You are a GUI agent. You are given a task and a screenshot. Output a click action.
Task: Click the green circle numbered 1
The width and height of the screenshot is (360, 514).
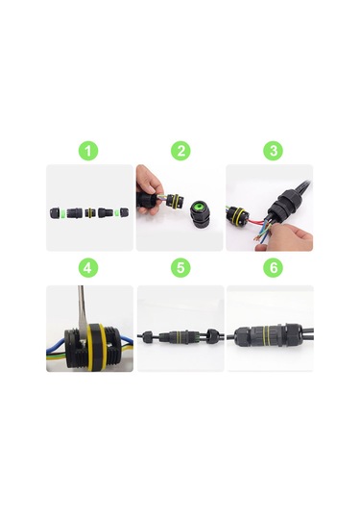tap(88, 151)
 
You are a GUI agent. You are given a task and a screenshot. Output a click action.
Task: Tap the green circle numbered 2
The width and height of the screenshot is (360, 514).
tap(180, 151)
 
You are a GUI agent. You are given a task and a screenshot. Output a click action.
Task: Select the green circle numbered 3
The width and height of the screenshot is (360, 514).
tap(274, 151)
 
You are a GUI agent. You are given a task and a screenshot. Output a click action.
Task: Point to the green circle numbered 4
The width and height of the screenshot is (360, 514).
tap(87, 268)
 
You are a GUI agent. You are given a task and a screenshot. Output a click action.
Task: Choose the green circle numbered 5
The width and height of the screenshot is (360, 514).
tap(180, 268)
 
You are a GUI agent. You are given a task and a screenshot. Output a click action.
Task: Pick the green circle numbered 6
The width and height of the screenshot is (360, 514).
tap(274, 268)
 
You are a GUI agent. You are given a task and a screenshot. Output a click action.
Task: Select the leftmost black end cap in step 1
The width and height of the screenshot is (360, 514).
tap(54, 212)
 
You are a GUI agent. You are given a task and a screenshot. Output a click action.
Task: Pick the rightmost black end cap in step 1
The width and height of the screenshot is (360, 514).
tap(124, 212)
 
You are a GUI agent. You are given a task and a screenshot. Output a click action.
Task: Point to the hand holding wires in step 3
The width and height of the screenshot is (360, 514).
tap(285, 236)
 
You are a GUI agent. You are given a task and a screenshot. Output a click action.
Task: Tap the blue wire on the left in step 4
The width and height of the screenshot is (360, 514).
tap(57, 346)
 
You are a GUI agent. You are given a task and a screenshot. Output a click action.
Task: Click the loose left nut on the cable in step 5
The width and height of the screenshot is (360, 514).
tap(148, 336)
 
